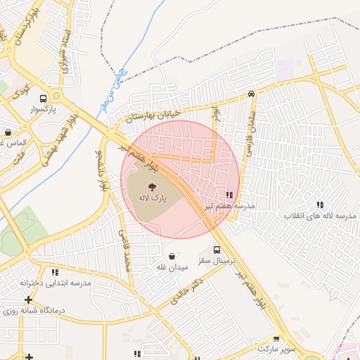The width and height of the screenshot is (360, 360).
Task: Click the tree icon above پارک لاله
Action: pos(152,186)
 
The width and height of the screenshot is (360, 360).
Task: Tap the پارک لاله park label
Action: pos(152,199)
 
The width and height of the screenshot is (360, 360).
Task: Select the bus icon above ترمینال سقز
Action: pos(217,250)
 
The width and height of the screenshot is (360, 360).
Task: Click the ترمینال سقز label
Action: pos(214,261)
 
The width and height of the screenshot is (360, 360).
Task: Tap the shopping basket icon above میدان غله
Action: pos(172,256)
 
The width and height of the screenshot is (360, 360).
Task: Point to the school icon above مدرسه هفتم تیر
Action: pos(229,195)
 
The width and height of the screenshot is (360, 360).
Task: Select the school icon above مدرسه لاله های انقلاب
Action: pos(320,205)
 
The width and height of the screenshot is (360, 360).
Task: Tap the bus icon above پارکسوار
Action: pos(44,99)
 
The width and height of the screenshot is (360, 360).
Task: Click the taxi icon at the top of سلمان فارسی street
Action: pos(251,94)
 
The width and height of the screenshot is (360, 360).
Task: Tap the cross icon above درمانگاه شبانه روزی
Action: pos(29,300)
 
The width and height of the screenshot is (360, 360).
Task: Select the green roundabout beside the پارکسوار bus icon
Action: pos(56,96)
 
